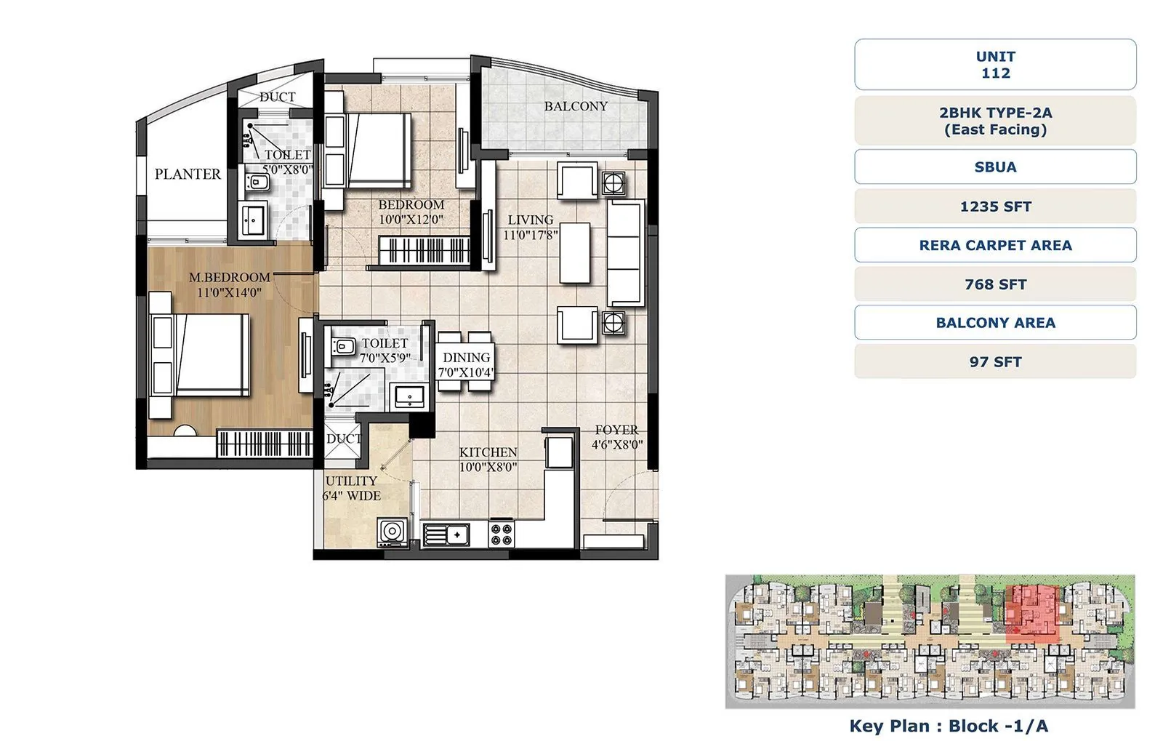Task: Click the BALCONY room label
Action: pyautogui.click(x=576, y=106)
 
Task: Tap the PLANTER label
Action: pyautogui.click(x=188, y=174)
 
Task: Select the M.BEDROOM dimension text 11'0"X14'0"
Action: pyautogui.click(x=229, y=292)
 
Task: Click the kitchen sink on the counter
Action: pyautogui.click(x=445, y=535)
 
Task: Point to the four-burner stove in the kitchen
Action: pyautogui.click(x=502, y=534)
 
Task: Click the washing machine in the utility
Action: pyautogui.click(x=393, y=532)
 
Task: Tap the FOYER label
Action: pyautogui.click(x=616, y=430)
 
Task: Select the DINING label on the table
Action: pyautogui.click(x=466, y=357)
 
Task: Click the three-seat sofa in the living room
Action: pyautogui.click(x=625, y=253)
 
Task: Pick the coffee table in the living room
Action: pyautogui.click(x=574, y=253)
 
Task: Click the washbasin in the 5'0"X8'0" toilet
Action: pyautogui.click(x=254, y=220)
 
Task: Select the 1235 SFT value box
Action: pyautogui.click(x=994, y=207)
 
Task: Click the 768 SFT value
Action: pyautogui.click(x=994, y=284)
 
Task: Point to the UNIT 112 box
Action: pyautogui.click(x=994, y=65)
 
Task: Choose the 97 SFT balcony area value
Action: pyautogui.click(x=994, y=361)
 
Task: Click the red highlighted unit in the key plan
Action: pyautogui.click(x=1032, y=611)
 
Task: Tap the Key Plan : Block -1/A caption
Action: pyautogui.click(x=948, y=725)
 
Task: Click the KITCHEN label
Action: pyautogui.click(x=488, y=452)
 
